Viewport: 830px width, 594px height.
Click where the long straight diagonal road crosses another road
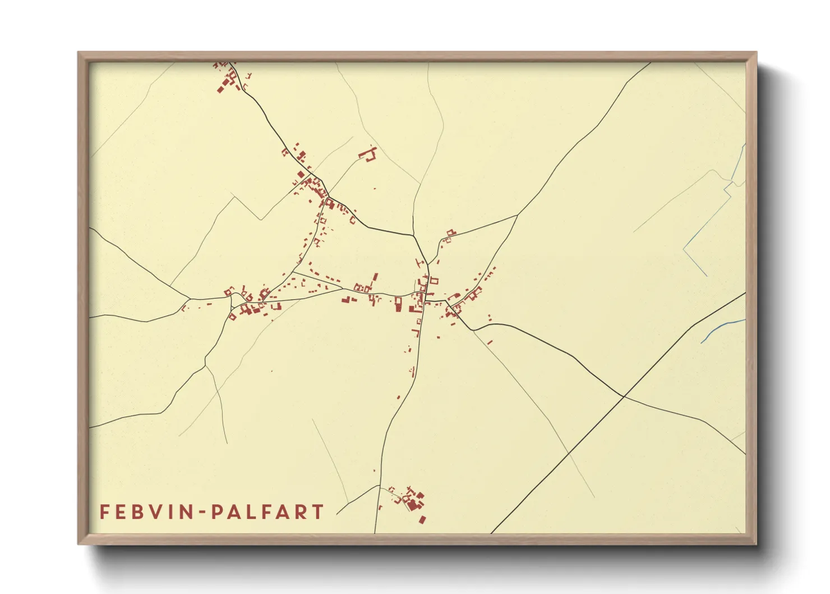624,396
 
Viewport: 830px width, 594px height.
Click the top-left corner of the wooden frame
79,53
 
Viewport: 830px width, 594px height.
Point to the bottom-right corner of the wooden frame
756,543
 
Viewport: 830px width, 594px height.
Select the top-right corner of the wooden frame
756,53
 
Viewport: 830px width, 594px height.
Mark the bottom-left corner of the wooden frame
79,543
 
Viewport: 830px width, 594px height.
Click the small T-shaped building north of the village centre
417,262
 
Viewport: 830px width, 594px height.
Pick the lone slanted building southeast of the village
490,341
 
